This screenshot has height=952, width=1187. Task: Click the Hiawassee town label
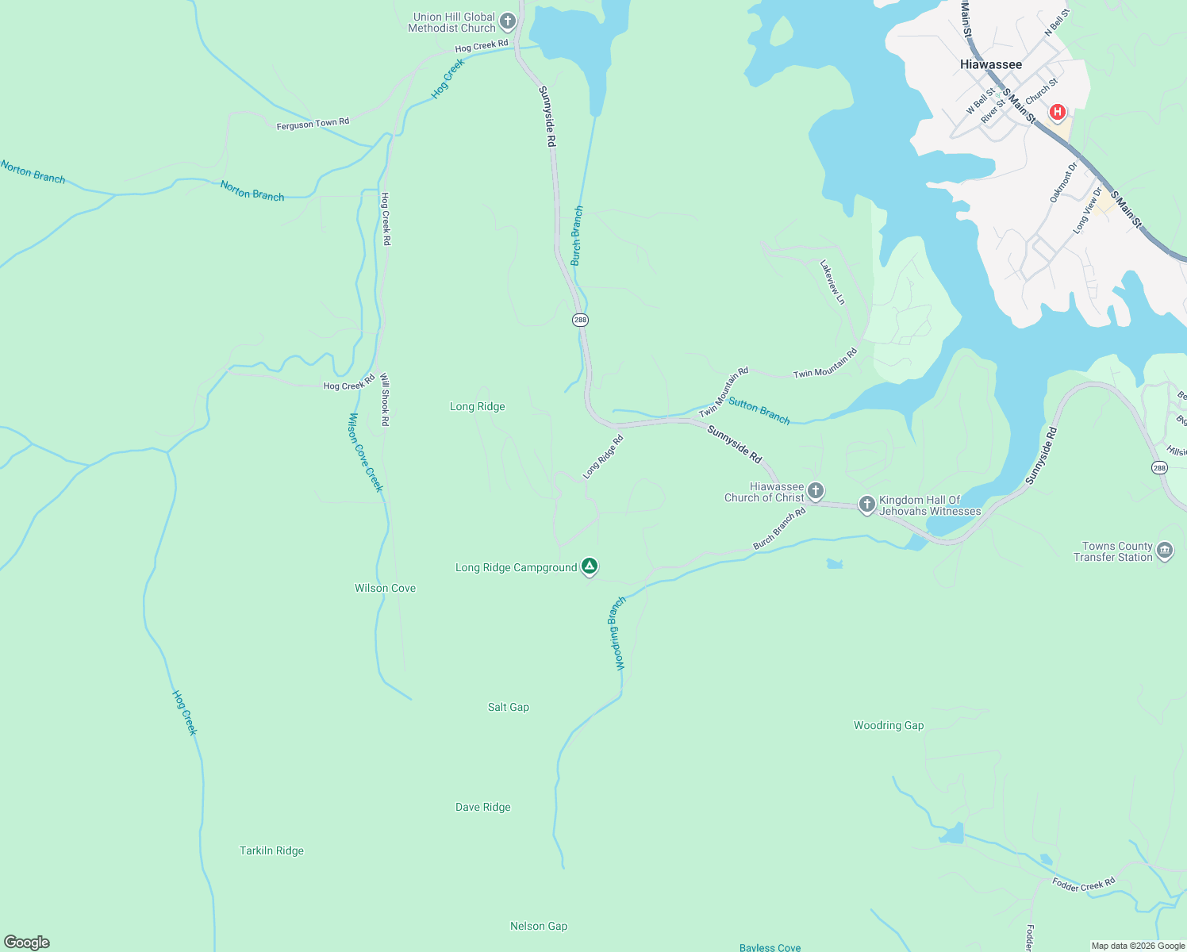(990, 64)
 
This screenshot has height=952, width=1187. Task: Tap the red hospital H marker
(1057, 113)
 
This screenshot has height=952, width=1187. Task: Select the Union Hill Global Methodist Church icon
(508, 22)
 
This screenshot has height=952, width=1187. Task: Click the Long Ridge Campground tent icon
(589, 566)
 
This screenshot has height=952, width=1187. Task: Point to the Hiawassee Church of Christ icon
(816, 492)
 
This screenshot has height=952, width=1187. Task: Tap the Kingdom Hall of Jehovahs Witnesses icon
(866, 505)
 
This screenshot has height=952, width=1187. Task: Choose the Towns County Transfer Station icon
(1164, 551)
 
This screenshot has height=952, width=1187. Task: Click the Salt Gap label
(508, 707)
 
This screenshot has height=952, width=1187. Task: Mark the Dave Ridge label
(482, 807)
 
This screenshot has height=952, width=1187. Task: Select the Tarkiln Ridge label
(271, 850)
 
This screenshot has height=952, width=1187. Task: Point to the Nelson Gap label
(538, 926)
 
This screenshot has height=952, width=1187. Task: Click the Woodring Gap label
(888, 725)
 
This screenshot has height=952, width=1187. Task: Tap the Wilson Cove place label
(385, 588)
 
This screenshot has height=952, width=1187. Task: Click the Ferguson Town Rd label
(313, 124)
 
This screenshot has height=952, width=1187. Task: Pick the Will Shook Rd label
(385, 400)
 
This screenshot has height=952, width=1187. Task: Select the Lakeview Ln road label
(832, 282)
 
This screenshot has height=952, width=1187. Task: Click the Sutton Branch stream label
(759, 411)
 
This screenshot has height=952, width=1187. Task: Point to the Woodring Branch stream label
(617, 633)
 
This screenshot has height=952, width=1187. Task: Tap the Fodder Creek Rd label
(1083, 884)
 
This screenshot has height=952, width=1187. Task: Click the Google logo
(27, 942)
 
